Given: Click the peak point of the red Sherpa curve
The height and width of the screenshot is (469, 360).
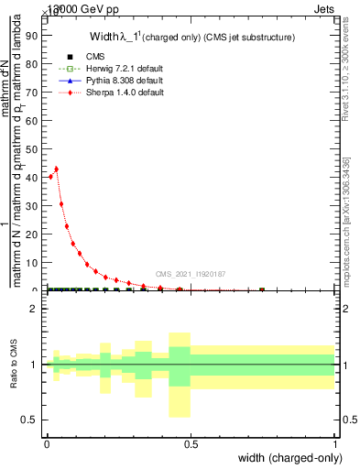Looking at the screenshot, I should (x=56, y=169).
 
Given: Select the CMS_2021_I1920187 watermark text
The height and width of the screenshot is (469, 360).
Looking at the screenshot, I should (x=190, y=274).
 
